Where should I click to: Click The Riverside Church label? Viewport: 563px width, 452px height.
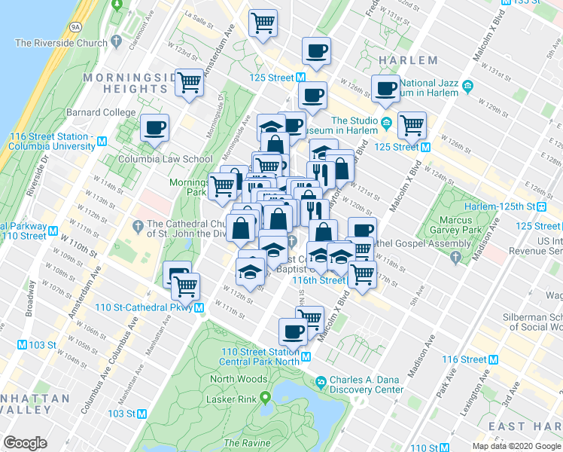pos(61,43)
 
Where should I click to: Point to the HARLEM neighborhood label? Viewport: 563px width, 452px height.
pos(409,60)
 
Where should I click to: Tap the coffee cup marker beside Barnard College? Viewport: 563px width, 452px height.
pos(154,127)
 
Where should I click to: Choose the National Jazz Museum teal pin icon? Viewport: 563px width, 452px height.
pos(467,84)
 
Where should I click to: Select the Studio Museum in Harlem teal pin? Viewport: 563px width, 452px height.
pos(387,121)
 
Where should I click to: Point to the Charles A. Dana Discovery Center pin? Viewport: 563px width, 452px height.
pos(321,382)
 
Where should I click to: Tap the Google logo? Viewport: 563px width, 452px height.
pos(25,443)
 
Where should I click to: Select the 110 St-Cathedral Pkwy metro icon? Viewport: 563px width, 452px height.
pos(199,307)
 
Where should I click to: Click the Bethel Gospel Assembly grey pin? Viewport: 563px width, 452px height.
pos(455,258)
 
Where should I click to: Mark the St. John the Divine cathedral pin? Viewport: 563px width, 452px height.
pos(137,224)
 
